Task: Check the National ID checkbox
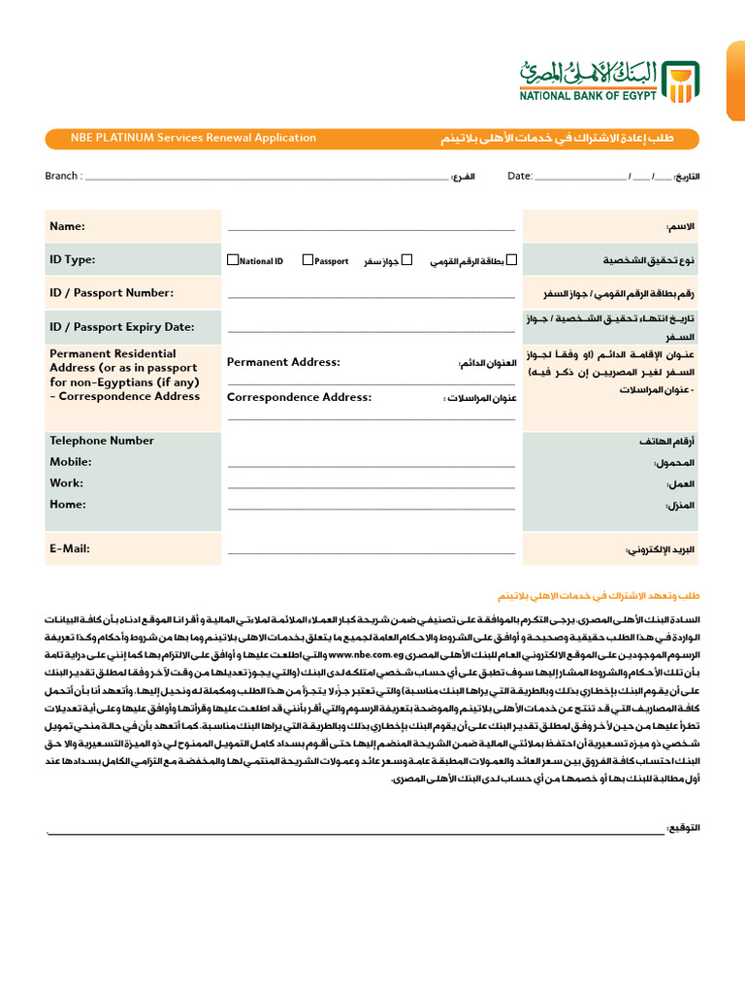(x=232, y=260)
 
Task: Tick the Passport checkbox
(x=308, y=260)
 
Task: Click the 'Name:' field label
(x=68, y=226)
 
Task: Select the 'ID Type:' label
(x=73, y=260)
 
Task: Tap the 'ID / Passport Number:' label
(x=112, y=293)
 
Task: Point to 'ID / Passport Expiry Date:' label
(x=122, y=327)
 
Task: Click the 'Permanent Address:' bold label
(x=283, y=362)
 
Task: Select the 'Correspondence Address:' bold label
(x=299, y=397)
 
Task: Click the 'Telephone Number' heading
(x=102, y=441)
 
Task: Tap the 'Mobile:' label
(x=71, y=462)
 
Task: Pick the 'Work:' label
(x=67, y=482)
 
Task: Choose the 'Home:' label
(x=68, y=504)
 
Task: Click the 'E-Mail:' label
(x=70, y=548)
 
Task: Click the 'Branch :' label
(x=64, y=176)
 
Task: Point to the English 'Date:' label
(x=520, y=176)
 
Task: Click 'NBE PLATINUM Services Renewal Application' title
(x=193, y=138)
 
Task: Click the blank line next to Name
(x=371, y=229)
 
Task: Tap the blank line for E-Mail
(x=371, y=551)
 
